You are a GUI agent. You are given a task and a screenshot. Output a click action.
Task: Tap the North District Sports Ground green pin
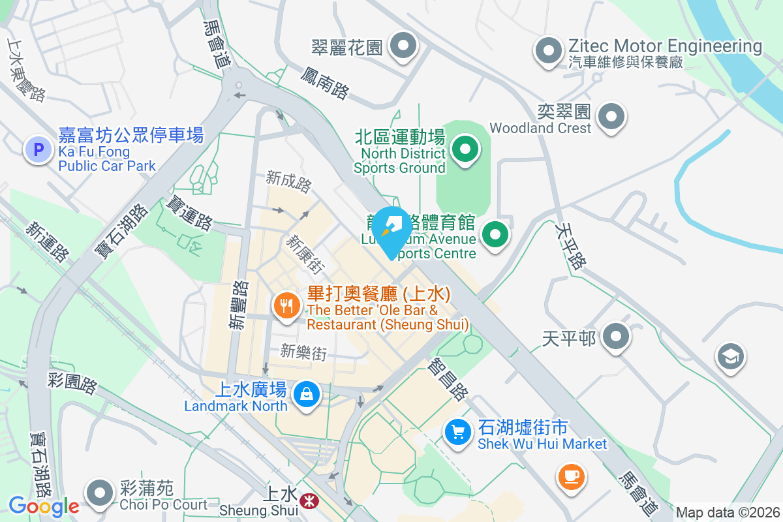point(465,149)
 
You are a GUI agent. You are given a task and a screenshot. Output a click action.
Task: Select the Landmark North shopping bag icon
point(305,394)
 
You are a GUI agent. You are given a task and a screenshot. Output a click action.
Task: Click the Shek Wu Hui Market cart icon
point(458,431)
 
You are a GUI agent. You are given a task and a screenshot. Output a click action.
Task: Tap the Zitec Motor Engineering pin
point(549,50)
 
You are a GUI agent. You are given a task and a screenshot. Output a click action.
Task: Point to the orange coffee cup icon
point(572,475)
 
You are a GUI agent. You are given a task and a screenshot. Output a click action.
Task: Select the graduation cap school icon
point(730,356)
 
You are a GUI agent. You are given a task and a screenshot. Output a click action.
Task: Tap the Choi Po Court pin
point(100,493)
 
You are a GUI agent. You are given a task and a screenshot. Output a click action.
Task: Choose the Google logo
point(44,506)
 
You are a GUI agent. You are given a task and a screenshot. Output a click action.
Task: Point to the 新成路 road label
point(288,181)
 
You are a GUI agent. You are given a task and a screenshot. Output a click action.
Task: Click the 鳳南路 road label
point(324,84)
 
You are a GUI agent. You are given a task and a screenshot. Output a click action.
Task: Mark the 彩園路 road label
point(72,383)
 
